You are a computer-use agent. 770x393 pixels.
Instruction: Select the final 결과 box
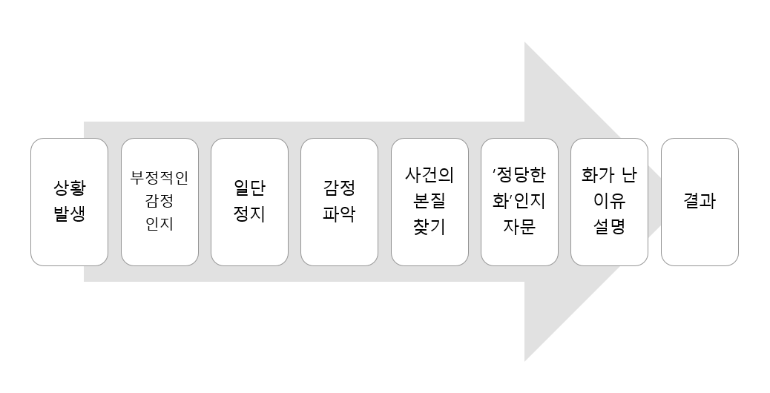700,201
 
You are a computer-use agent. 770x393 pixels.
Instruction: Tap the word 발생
69,214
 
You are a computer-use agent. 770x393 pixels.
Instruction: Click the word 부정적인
159,179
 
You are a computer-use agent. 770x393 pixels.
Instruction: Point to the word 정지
249,214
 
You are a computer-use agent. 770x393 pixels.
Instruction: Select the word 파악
339,214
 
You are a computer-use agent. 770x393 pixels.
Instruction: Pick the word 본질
430,202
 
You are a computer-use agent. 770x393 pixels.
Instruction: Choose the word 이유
609,202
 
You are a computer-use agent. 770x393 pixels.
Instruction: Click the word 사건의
430,176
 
